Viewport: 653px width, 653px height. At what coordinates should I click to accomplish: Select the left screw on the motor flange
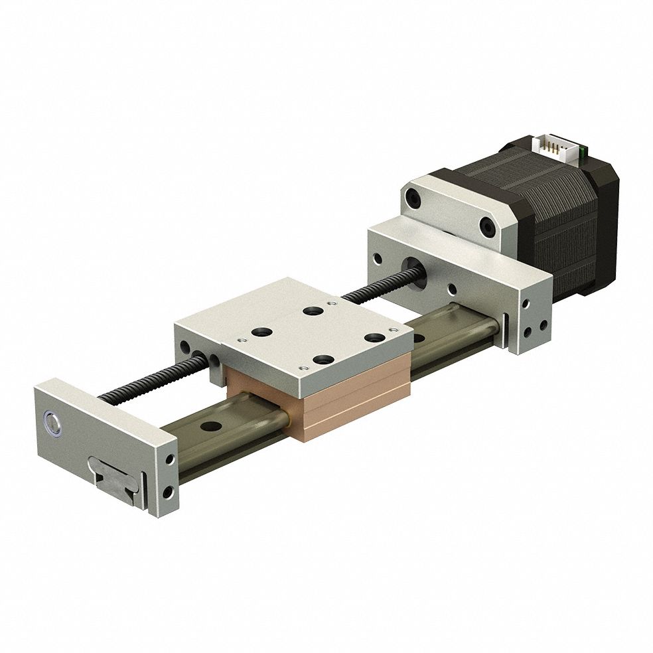tap(414, 198)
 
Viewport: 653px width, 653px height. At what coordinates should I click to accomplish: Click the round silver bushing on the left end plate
tap(52, 423)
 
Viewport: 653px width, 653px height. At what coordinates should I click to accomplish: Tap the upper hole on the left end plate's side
tap(171, 460)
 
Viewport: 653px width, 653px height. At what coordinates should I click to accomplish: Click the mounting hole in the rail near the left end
tap(212, 427)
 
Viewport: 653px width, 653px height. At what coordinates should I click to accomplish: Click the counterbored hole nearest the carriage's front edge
tap(324, 359)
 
